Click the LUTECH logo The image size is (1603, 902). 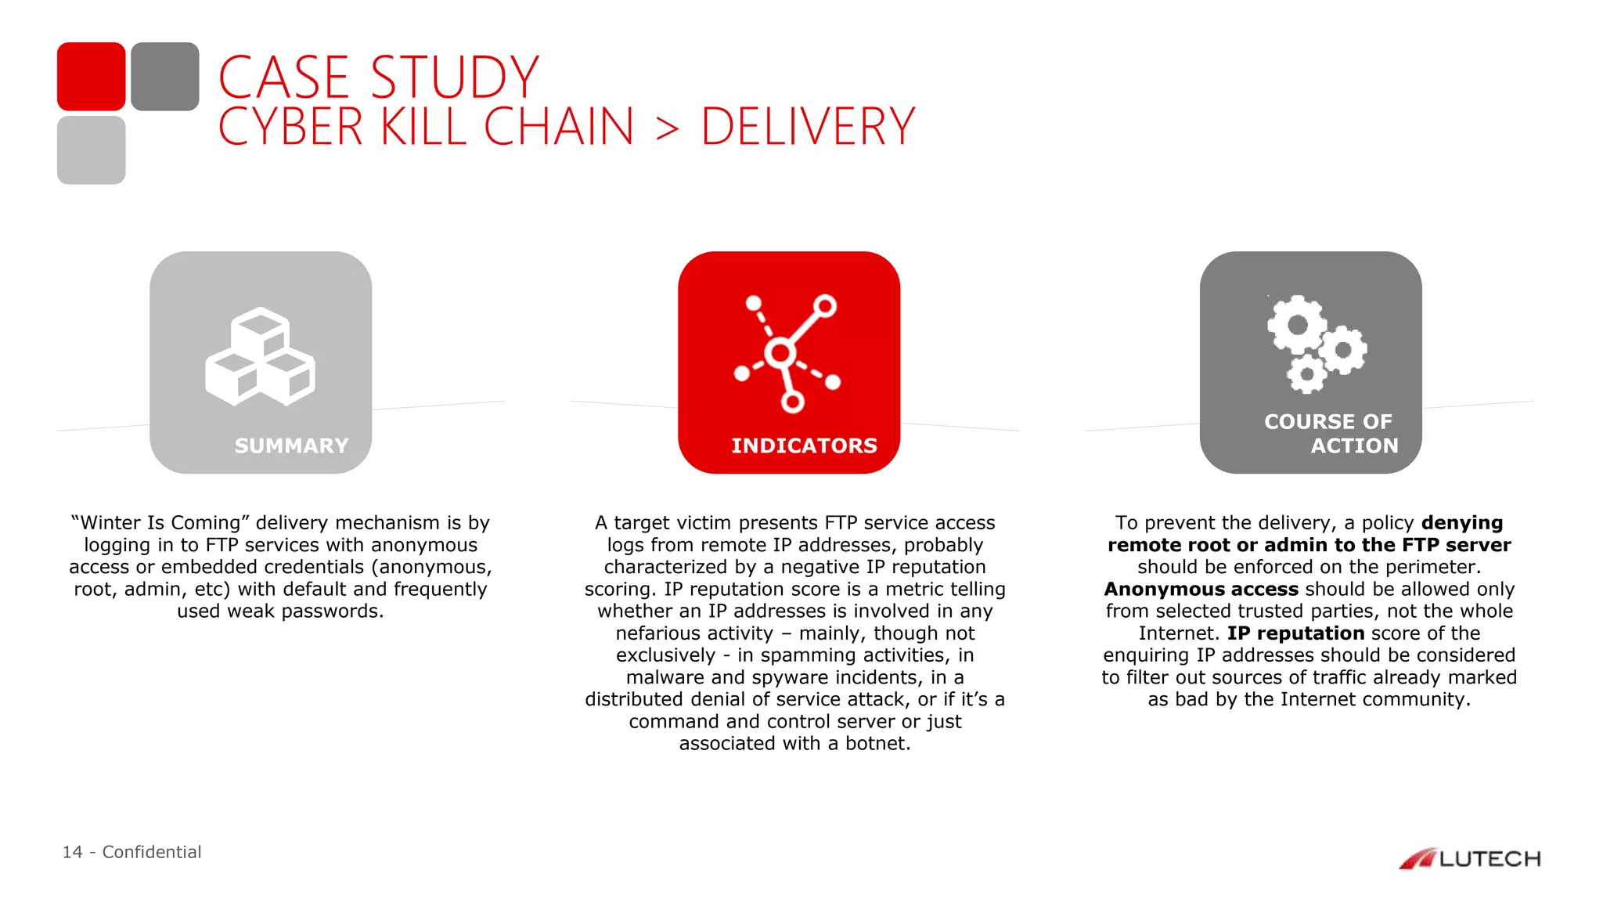coord(1469,859)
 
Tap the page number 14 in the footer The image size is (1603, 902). coord(72,852)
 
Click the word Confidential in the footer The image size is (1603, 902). coord(152,852)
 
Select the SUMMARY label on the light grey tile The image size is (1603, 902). coord(291,446)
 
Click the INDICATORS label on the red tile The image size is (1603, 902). coord(804,446)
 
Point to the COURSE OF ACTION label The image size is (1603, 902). coord(1331,434)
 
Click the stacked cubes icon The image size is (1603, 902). coord(260,356)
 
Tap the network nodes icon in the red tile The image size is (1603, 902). coord(787,353)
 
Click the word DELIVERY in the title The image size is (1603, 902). coord(807,127)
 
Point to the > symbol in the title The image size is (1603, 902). coord(667,128)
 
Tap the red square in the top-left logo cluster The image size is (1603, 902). coord(91,76)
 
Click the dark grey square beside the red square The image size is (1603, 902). coord(164,76)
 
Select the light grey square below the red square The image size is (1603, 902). coord(91,150)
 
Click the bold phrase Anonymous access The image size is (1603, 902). coord(1201,589)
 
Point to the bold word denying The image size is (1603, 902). coord(1462,522)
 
